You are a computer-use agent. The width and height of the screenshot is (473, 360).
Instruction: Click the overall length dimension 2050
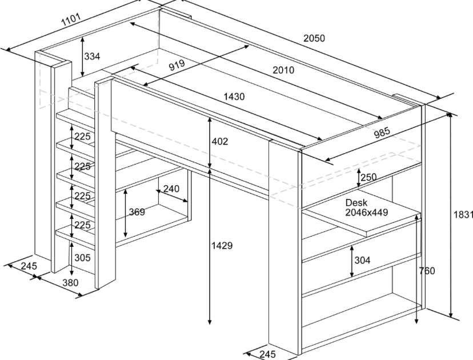coord(314,38)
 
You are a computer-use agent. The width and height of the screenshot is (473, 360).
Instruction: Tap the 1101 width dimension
coord(70,22)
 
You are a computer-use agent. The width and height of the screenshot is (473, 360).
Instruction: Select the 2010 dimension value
coord(283,70)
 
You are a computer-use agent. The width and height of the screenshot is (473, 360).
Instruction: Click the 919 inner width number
coord(177,65)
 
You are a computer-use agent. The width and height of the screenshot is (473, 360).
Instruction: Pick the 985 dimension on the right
coord(382,133)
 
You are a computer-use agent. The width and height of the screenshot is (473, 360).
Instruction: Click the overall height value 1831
coord(463,214)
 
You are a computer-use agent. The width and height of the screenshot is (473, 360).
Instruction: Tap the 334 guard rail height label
coord(92,56)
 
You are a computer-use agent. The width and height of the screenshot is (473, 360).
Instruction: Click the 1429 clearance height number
coord(222,246)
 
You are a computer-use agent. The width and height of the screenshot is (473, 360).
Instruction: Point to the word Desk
coord(356,202)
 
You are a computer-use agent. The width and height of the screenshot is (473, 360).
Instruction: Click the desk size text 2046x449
coord(367,212)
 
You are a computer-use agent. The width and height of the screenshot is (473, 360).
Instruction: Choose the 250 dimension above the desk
coord(368,177)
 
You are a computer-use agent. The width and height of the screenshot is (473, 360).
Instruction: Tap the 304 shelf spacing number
coord(362,260)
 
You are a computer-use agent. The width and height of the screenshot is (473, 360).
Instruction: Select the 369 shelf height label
coord(137,212)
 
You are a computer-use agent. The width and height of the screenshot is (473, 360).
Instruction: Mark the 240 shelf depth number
coord(171,189)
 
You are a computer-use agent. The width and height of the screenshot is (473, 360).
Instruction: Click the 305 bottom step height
coord(82,258)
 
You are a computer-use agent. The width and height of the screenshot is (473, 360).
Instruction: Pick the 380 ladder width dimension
coord(70,282)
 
